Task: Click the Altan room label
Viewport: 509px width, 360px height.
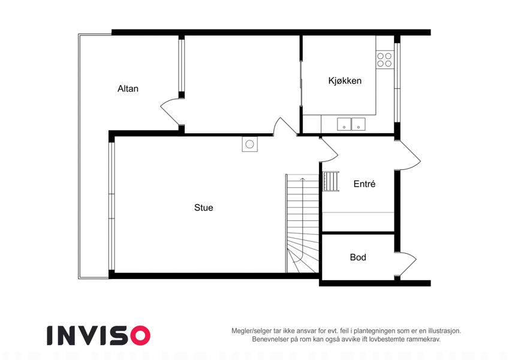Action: [x=128, y=89]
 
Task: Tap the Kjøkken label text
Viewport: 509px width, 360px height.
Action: [x=345, y=80]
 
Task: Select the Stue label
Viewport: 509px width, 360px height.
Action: [x=203, y=208]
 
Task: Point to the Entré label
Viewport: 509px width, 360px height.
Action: [x=365, y=184]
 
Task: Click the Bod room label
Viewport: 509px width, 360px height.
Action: [x=358, y=257]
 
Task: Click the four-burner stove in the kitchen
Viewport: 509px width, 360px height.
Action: [x=385, y=60]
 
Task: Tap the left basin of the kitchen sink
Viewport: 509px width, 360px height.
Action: [x=344, y=124]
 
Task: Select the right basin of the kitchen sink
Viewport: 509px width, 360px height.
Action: [x=359, y=124]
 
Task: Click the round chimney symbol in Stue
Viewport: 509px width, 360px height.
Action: [x=249, y=144]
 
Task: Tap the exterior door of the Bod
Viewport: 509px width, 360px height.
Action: [x=406, y=264]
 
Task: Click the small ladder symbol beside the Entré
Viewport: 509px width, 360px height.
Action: [x=331, y=181]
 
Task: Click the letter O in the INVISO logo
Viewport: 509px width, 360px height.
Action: [x=140, y=335]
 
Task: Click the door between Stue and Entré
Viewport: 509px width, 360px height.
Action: [x=329, y=150]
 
